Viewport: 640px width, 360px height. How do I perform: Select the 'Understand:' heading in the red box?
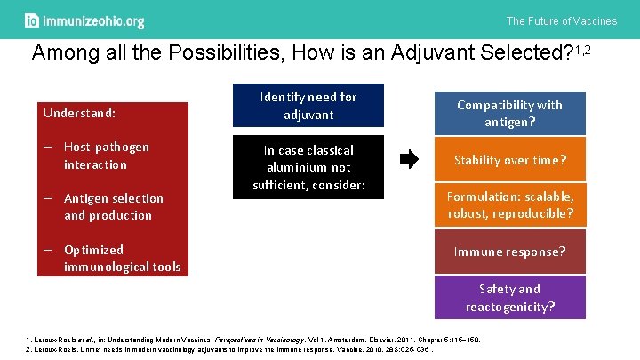pos(80,113)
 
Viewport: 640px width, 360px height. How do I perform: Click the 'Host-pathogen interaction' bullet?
pos(106,156)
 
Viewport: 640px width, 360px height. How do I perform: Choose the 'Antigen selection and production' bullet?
pos(113,207)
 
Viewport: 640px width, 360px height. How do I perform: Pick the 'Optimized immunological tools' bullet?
pos(121,258)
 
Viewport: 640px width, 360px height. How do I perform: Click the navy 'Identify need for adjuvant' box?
pos(308,106)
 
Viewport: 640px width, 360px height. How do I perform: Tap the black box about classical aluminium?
pos(308,167)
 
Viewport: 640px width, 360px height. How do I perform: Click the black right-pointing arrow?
pos(408,160)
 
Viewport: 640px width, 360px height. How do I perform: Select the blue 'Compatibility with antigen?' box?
pos(509,114)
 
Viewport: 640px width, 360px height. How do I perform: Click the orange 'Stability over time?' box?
pos(509,161)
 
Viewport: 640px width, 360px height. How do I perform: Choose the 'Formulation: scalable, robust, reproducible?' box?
pos(509,205)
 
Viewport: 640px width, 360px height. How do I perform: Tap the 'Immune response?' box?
pos(509,252)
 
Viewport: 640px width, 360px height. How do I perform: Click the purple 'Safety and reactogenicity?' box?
pos(509,298)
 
